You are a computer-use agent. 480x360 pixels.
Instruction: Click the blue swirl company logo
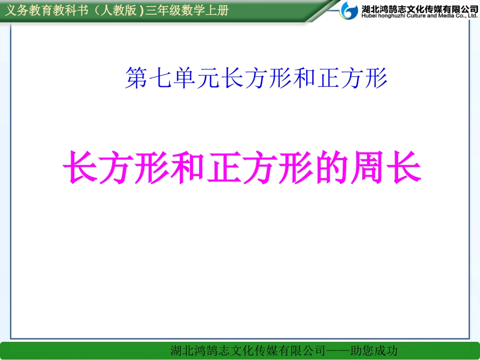tap(350, 10)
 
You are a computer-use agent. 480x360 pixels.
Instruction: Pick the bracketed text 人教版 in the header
tap(117, 10)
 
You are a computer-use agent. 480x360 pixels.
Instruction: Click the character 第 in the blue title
tap(135, 79)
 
